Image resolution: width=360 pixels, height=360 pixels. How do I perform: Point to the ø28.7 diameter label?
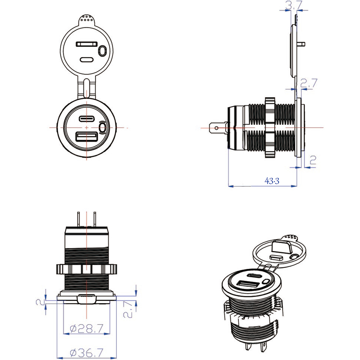coord(87,328)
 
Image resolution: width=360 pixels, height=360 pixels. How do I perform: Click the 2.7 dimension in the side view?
coord(309,83)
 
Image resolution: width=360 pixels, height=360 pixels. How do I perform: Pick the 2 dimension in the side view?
coord(312,160)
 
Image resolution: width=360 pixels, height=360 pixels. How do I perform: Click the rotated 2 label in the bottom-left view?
coord(40,302)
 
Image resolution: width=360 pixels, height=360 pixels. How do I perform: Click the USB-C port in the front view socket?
coord(87,118)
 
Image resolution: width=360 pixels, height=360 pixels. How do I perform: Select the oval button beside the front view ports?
coord(103,127)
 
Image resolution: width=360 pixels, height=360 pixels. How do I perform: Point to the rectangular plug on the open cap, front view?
coord(86,44)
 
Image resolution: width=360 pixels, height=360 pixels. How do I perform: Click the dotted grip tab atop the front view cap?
coord(87,18)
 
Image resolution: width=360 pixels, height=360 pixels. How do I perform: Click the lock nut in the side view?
coord(270,127)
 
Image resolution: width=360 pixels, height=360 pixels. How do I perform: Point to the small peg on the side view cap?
coord(302,44)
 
